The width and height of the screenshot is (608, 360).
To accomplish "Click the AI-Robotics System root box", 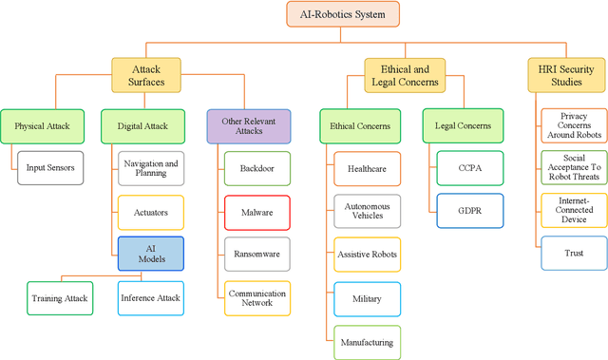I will [x=343, y=14].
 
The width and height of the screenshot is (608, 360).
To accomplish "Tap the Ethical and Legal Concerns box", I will [x=404, y=75].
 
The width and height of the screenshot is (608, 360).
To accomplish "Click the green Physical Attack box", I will [x=42, y=125].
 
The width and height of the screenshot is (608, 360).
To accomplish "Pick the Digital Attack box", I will [x=142, y=125].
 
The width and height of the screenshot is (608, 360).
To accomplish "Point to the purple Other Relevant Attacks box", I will [x=247, y=125].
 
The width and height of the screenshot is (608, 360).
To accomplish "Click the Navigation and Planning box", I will [x=151, y=168].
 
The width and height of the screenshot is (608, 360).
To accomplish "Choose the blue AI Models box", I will [x=151, y=254].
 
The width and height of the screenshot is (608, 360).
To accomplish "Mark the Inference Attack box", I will [x=151, y=297].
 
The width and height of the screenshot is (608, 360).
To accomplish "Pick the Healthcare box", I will [x=366, y=168].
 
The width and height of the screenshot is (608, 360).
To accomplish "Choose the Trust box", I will [x=573, y=254].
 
